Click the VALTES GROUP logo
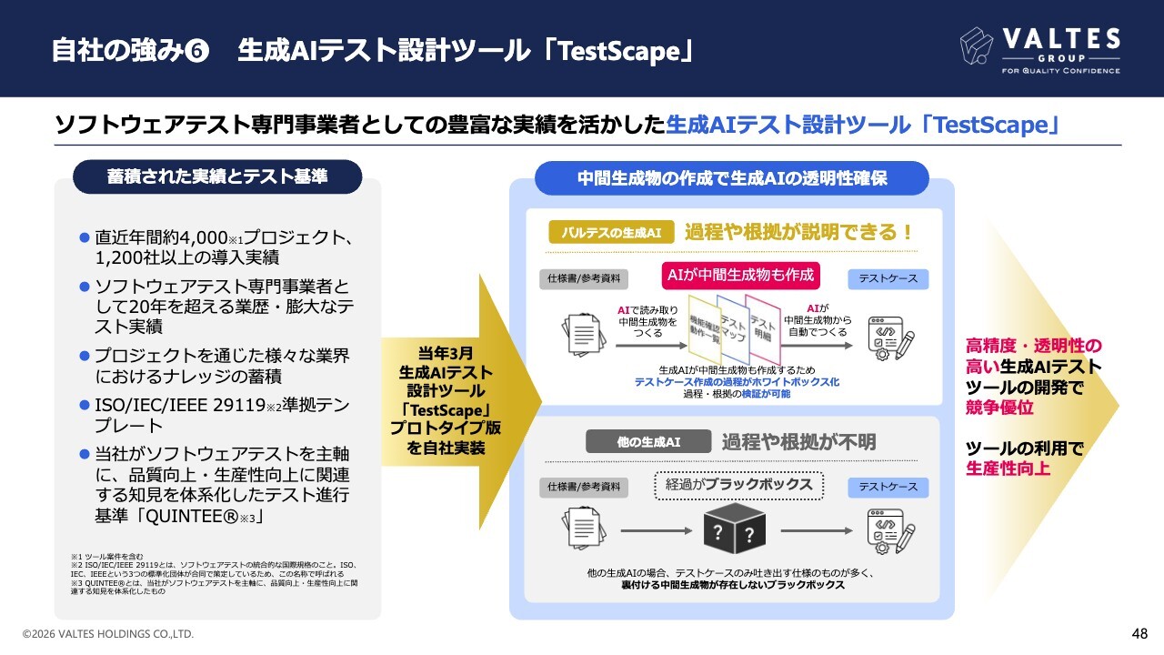click(x=1040, y=50)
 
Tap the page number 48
click(x=1139, y=633)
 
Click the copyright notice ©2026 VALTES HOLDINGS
click(x=108, y=633)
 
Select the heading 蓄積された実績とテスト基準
click(x=217, y=176)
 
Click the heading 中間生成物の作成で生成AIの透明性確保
click(x=731, y=178)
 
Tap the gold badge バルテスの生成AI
click(x=611, y=233)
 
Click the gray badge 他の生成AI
click(x=647, y=442)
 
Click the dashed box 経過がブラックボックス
click(x=738, y=485)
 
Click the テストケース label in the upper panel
click(x=888, y=278)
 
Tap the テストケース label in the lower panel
click(x=888, y=488)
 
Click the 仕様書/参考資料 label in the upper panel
click(x=584, y=278)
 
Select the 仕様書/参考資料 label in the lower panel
click(x=584, y=488)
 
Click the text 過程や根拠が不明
click(x=798, y=442)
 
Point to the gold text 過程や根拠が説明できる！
click(x=798, y=233)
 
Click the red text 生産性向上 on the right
click(x=1008, y=469)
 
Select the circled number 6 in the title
click(x=196, y=51)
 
